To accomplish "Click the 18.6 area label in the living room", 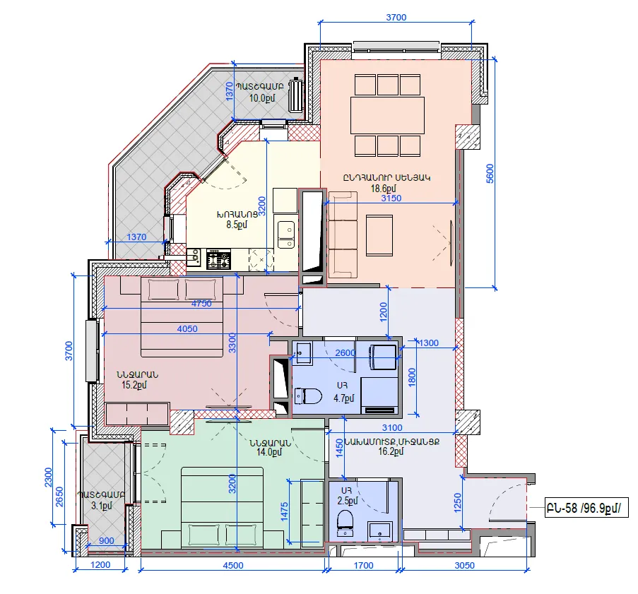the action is click(383, 189).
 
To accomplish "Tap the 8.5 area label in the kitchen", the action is click(237, 224).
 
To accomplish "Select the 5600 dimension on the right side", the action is click(490, 174).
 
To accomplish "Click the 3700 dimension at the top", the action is click(396, 17).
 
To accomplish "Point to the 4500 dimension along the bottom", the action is click(233, 565).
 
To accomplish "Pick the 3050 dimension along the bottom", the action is click(464, 565).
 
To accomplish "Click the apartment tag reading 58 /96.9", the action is click(586, 508).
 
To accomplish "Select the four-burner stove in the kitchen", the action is click(218, 260).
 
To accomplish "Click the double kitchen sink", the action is click(286, 234).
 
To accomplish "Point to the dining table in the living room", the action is click(387, 115).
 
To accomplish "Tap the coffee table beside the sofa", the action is click(379, 235).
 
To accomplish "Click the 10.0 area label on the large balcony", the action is click(262, 97).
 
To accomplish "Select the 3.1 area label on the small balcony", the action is click(102, 506).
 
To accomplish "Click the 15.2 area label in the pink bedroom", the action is click(134, 385).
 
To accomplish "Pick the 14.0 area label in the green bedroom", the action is click(269, 451).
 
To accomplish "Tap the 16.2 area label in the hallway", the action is click(391, 451).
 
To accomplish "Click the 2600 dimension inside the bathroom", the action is click(345, 352).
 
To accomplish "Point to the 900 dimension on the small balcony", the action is click(107, 541).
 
